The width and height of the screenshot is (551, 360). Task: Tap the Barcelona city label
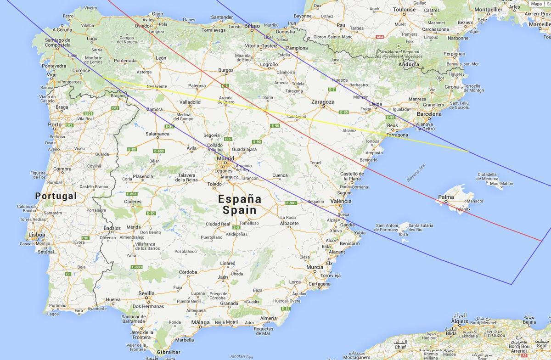click(429, 114)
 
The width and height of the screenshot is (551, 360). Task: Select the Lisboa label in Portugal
click(37, 235)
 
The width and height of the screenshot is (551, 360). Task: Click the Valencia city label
click(341, 201)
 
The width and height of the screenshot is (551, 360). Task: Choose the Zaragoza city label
click(322, 101)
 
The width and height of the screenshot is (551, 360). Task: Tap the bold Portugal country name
click(56, 196)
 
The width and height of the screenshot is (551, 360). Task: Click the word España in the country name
click(240, 199)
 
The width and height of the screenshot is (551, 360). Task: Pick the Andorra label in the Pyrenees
click(409, 65)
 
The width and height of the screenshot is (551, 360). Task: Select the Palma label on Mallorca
click(446, 197)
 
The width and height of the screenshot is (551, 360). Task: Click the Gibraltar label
click(169, 352)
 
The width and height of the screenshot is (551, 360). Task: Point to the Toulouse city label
click(404, 9)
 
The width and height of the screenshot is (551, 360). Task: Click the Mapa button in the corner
click(536, 4)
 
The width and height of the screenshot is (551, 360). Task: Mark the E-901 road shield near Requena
click(291, 203)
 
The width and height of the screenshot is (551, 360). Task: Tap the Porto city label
click(55, 124)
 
